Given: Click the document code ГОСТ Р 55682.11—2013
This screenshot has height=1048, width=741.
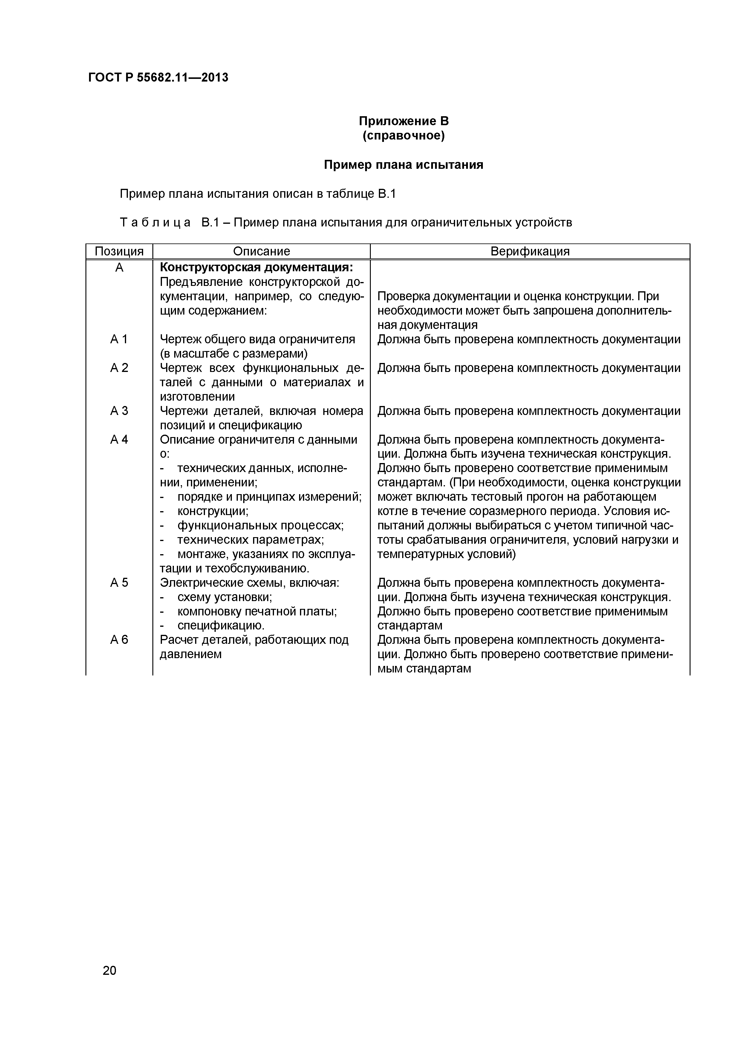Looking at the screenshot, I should coord(158,78).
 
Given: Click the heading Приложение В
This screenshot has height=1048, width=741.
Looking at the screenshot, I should coord(404,121).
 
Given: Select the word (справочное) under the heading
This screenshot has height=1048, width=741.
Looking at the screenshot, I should coord(404,136).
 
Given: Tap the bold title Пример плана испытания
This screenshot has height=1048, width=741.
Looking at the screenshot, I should coord(404,165).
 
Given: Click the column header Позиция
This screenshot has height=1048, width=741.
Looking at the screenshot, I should coord(119,251).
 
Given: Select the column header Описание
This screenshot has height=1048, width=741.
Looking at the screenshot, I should coord(261,251).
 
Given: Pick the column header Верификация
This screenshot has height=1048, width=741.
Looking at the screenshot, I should coord(530,251).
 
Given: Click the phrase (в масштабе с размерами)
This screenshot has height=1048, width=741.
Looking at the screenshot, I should coord(234,354).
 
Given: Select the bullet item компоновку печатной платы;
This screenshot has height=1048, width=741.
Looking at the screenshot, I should coord(257,611).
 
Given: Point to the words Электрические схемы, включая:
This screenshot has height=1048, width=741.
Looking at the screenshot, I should coord(249,583).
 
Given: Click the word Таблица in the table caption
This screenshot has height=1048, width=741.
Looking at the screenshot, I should coord(155,223).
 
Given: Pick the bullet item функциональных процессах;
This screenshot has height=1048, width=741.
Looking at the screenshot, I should coord(260,525).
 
